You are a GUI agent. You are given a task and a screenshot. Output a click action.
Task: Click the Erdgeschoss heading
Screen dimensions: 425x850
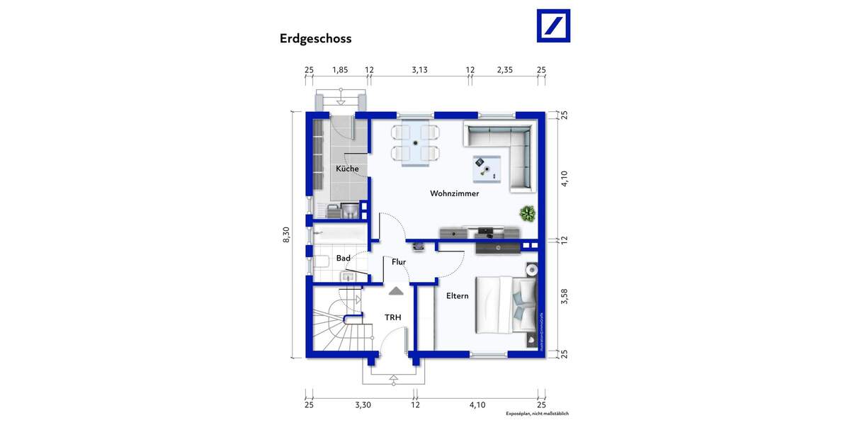coord(315,39)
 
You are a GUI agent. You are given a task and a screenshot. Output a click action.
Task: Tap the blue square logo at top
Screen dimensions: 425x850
coord(553,26)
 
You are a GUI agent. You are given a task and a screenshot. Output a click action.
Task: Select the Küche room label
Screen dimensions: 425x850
coord(347,169)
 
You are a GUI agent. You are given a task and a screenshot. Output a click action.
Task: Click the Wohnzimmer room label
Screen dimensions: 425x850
coord(454,193)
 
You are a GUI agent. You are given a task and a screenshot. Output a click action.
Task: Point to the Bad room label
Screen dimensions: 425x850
coord(344,259)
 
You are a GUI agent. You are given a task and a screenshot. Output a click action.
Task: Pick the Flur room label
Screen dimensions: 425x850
coord(399,262)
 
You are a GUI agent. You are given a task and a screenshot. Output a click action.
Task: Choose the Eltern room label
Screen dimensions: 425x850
coord(457,296)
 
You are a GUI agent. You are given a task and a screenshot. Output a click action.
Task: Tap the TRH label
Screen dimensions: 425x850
coord(393,317)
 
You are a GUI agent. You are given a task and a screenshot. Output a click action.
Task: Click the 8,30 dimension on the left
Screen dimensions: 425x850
coord(286,234)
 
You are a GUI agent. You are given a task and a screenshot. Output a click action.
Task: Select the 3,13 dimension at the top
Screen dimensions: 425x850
coord(420,69)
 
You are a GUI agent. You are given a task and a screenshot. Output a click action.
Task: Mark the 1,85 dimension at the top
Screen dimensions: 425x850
coord(340,69)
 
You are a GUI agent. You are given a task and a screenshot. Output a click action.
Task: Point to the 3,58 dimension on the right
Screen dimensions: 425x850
coord(565,296)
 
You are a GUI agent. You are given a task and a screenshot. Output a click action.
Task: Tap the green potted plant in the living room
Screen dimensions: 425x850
coord(527,212)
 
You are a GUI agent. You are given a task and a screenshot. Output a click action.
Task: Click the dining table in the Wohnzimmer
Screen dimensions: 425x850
coord(416,143)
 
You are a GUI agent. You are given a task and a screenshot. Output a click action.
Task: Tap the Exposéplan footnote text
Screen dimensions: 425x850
coord(537,414)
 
